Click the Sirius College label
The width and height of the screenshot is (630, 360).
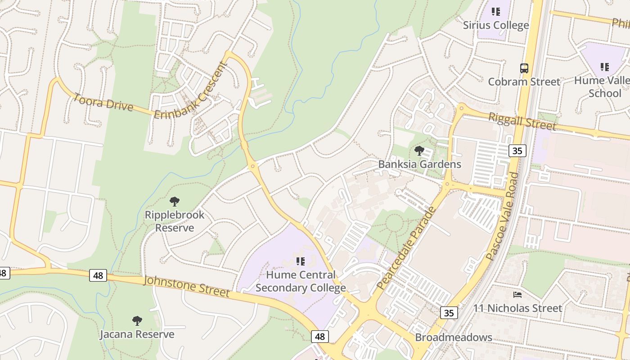496,25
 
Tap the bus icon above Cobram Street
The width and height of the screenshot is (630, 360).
524,68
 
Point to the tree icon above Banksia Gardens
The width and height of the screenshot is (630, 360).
419,151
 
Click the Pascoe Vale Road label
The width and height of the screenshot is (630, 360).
503,216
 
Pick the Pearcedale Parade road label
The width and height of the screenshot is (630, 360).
406,248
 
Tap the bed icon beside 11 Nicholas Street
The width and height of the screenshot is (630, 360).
517,295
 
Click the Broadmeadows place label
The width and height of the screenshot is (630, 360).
453,337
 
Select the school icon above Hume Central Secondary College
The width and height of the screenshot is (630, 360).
301,261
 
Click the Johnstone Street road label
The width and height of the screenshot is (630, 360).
186,287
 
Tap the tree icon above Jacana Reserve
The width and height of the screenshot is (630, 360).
137,321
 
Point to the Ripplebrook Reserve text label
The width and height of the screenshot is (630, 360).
175,221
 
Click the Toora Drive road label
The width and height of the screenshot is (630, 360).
103,102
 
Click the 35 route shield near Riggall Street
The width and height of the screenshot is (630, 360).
517,151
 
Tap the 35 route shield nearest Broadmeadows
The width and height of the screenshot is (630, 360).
449,313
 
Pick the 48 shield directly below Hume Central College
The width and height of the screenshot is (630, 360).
319,336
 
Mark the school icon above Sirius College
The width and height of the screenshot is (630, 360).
496,12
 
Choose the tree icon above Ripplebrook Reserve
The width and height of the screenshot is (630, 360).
175,202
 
